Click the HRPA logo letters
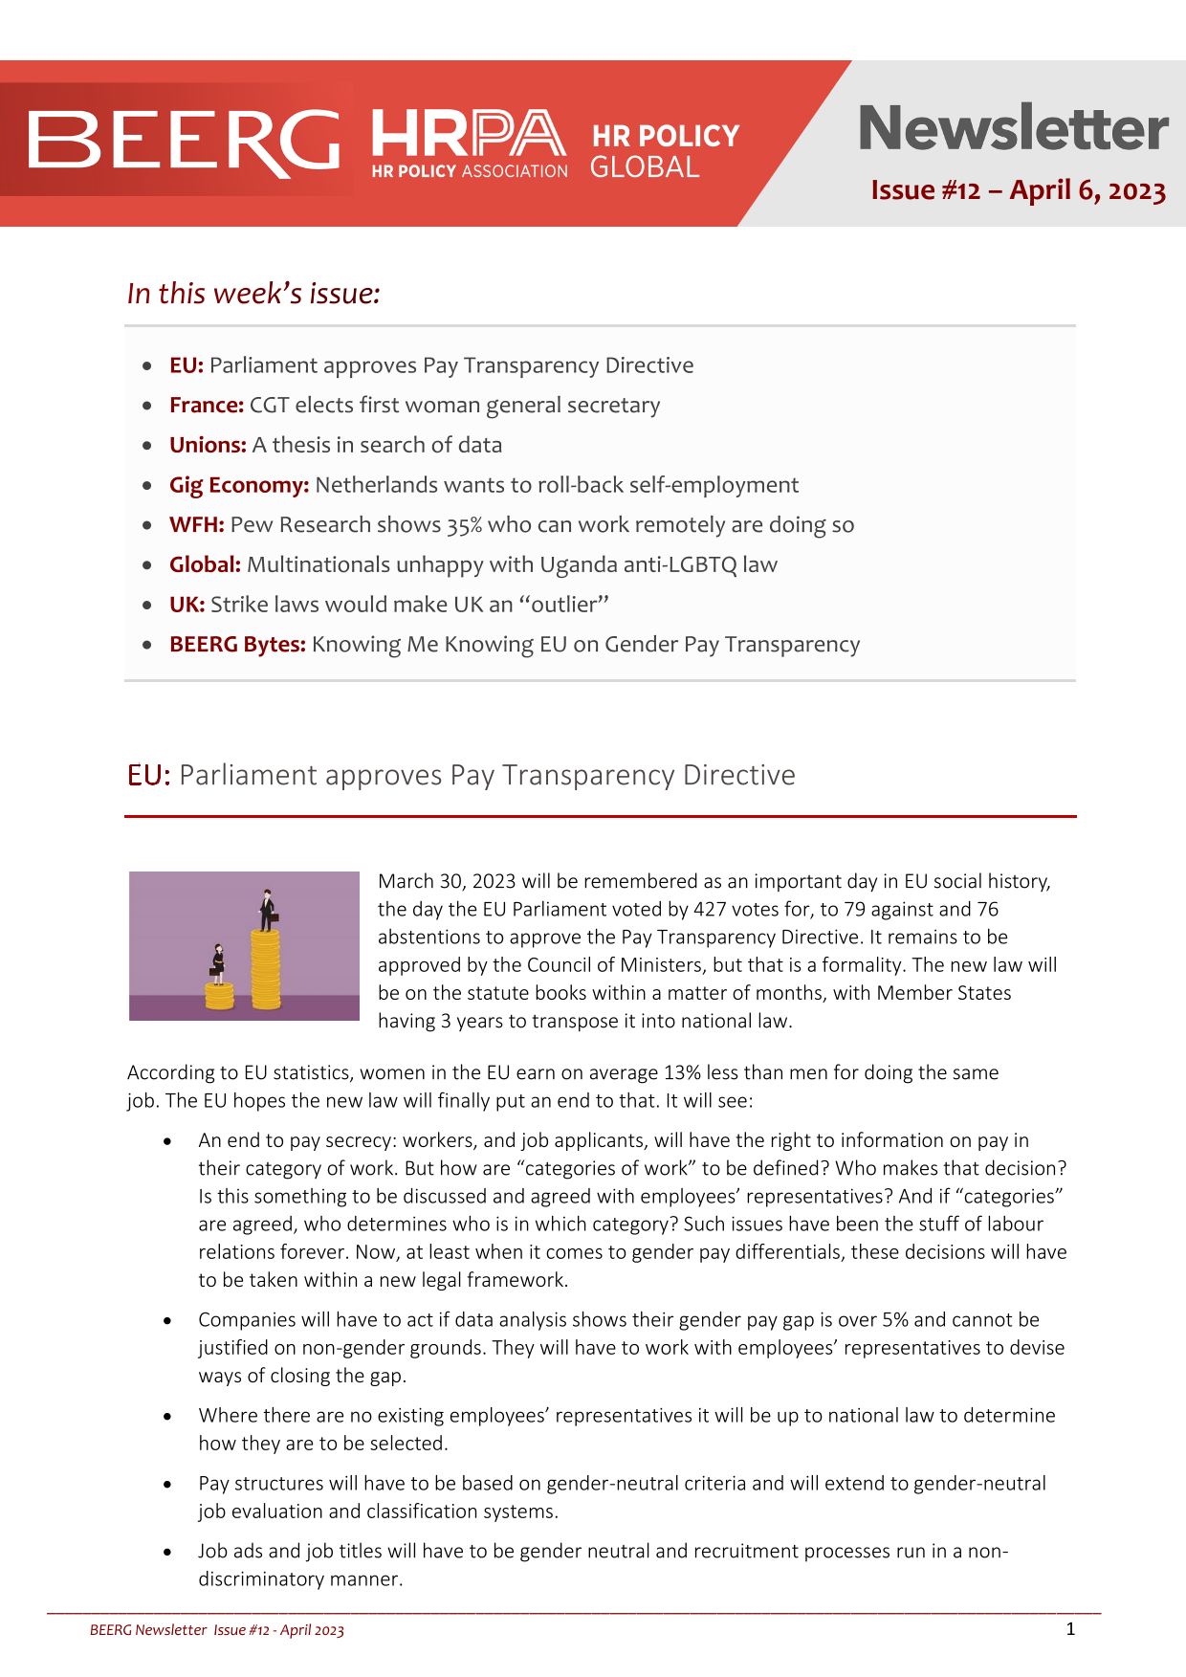click(x=468, y=133)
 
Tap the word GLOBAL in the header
click(x=645, y=167)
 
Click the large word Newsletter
click(x=1013, y=128)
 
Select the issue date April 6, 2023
click(x=1087, y=190)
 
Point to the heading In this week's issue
click(x=253, y=293)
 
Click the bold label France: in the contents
click(x=207, y=405)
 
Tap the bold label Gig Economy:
click(x=239, y=485)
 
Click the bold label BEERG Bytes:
click(x=237, y=645)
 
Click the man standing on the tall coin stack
click(x=267, y=910)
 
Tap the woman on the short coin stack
click(x=218, y=963)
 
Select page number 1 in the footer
click(x=1070, y=1628)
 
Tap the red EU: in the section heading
click(x=148, y=775)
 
